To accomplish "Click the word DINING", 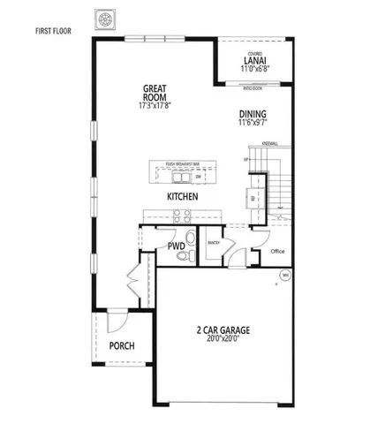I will pos(253,114).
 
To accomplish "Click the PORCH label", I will pos(122,345).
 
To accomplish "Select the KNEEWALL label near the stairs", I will pos(271,143).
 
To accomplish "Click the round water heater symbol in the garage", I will pos(284,276).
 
